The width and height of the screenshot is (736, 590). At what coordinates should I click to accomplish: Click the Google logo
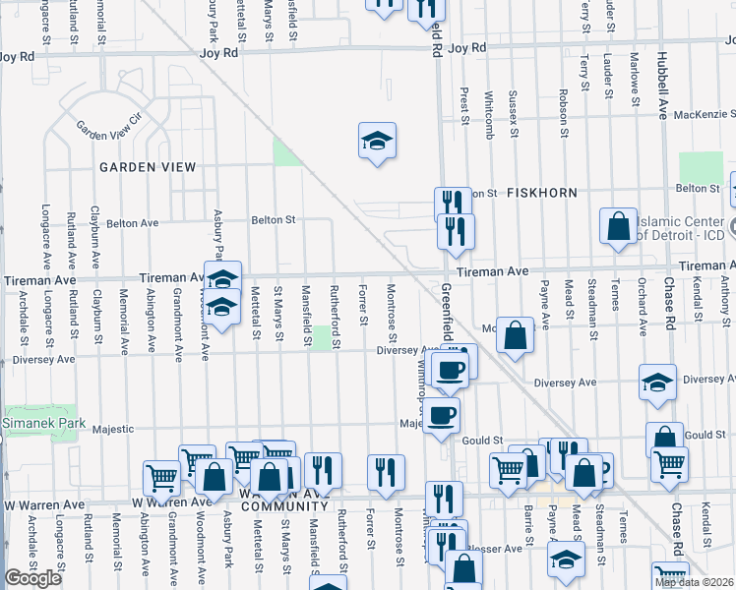pos(32,578)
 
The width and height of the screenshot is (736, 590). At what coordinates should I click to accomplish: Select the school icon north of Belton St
pos(377,141)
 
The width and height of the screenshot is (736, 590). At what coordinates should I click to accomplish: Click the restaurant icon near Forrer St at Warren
pos(386,471)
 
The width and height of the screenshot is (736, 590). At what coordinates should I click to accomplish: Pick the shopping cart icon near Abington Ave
pos(160,478)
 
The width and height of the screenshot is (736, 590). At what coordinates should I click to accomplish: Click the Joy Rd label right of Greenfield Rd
pos(467,48)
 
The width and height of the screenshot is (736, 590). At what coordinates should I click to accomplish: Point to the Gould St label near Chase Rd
pos(705,435)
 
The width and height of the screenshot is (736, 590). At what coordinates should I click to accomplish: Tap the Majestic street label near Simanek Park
pos(112,429)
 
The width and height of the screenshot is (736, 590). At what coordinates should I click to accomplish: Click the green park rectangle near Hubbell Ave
pos(701,167)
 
